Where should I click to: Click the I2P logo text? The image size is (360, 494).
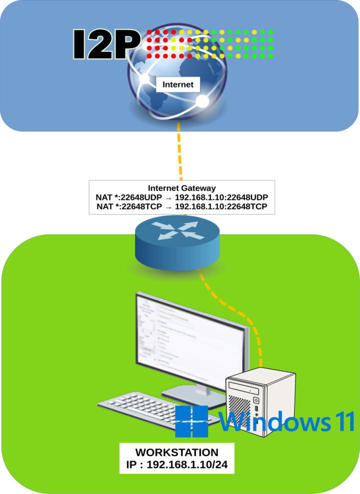coord(105,44)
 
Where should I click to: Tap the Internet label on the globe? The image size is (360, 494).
coord(178,84)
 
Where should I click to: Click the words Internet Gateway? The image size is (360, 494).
coord(182,188)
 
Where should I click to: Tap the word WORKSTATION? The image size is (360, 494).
coord(177,452)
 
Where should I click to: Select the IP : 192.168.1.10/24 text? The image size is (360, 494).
coord(177,464)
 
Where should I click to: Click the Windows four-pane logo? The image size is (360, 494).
coord(191,421)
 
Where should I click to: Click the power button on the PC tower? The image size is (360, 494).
coord(256,400)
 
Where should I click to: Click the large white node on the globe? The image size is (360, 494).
coord(201,101)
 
